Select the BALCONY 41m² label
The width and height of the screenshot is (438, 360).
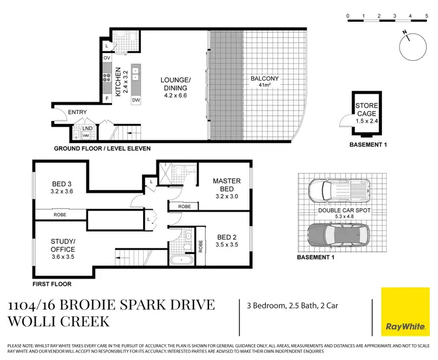265,81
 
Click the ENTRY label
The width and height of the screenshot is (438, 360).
77,112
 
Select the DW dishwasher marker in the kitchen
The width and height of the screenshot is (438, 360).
135,100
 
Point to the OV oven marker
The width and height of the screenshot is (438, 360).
107,58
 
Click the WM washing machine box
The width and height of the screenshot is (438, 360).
85,135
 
